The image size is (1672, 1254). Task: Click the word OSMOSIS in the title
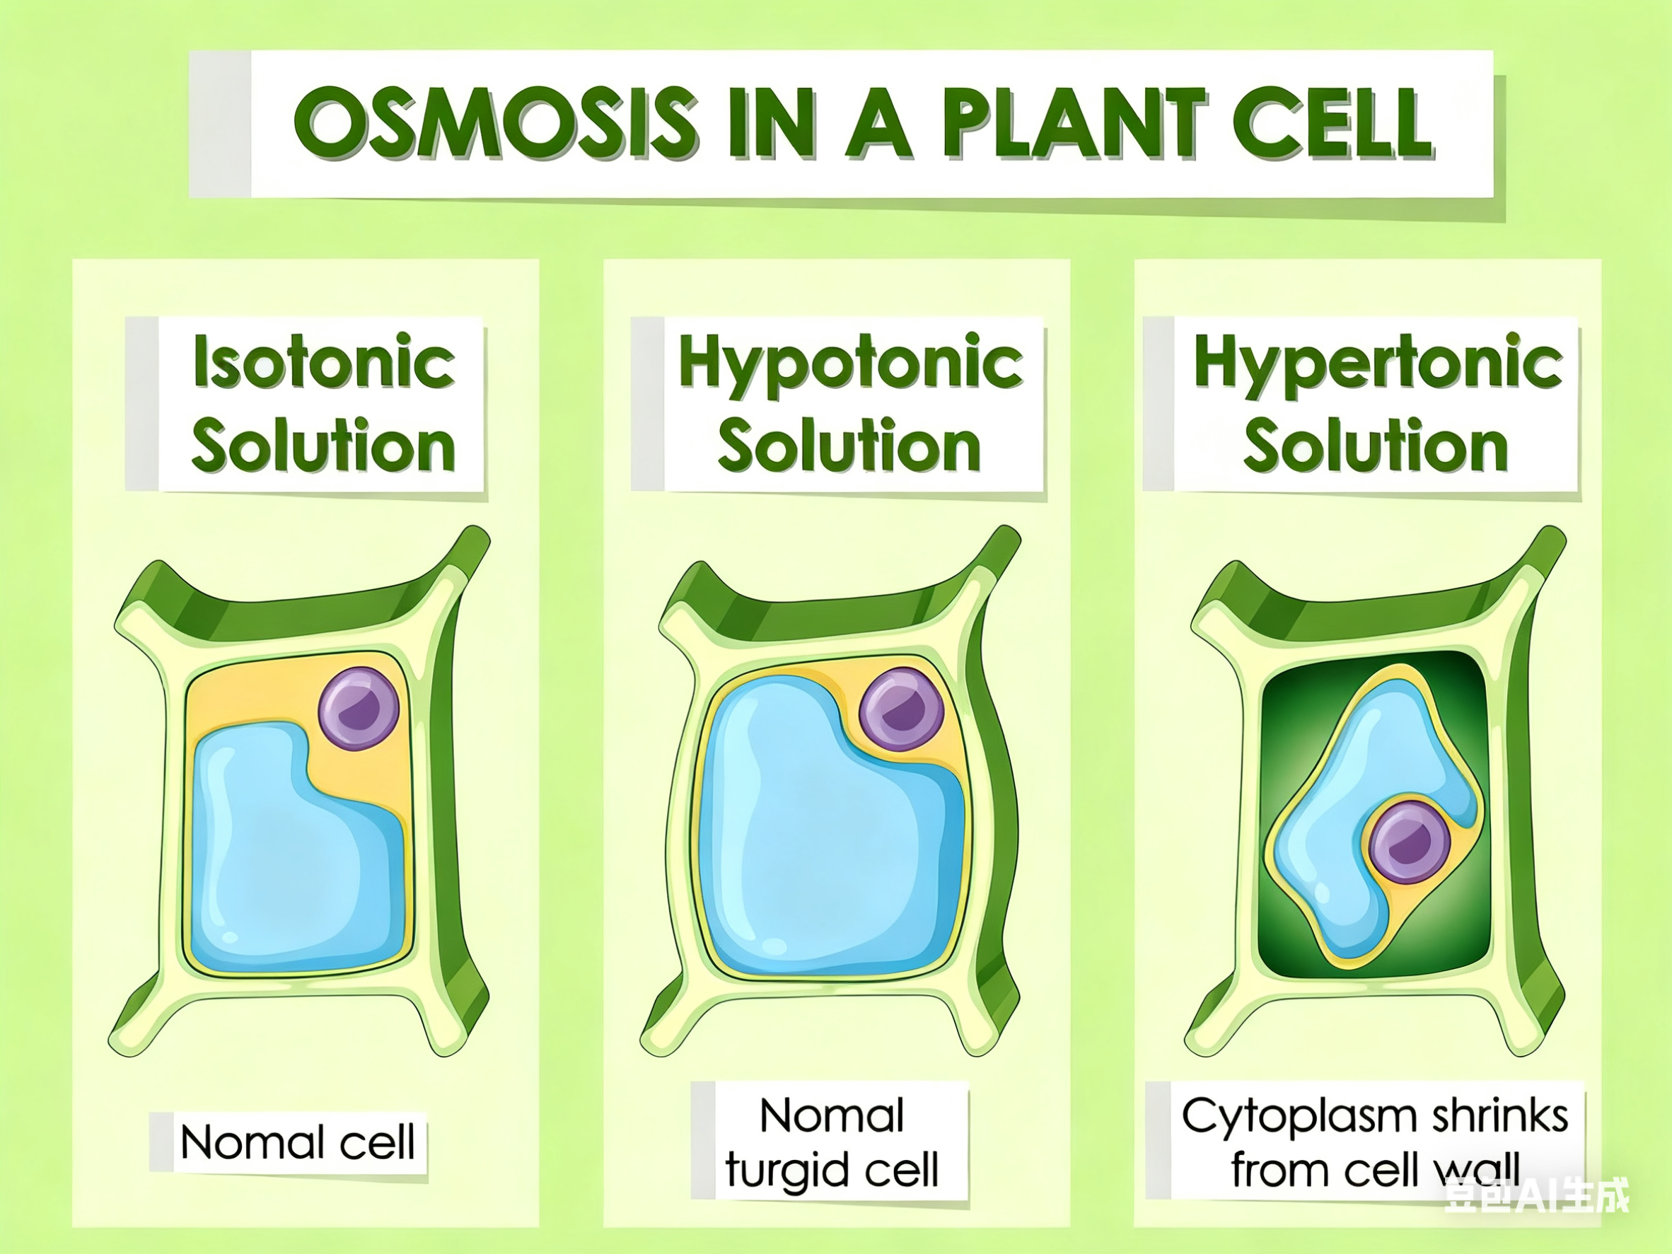pyautogui.click(x=496, y=122)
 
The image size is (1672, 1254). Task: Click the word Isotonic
pyautogui.click(x=324, y=362)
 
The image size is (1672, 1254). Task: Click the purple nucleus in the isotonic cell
pyautogui.click(x=359, y=708)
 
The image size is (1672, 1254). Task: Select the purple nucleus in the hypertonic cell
pyautogui.click(x=1410, y=843)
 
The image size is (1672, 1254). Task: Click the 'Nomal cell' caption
pyautogui.click(x=298, y=1142)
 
